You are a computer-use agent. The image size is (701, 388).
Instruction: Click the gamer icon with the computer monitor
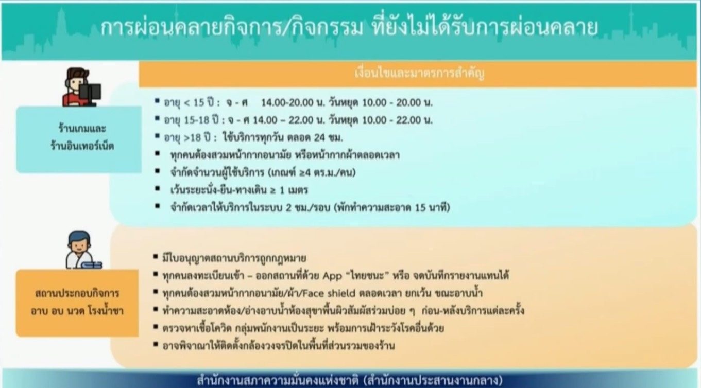click(x=82, y=87)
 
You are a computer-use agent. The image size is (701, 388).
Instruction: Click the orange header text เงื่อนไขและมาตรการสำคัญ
click(x=419, y=74)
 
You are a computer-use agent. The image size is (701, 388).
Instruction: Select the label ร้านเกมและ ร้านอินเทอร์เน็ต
click(x=82, y=137)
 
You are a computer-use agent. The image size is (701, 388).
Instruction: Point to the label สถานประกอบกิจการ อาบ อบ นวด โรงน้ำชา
click(x=77, y=303)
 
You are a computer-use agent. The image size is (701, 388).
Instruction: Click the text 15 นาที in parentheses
click(x=431, y=207)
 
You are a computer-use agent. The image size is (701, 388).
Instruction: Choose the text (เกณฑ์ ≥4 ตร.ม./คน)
click(x=312, y=172)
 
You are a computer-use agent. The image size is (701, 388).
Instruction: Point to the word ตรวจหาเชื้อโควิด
click(x=197, y=328)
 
